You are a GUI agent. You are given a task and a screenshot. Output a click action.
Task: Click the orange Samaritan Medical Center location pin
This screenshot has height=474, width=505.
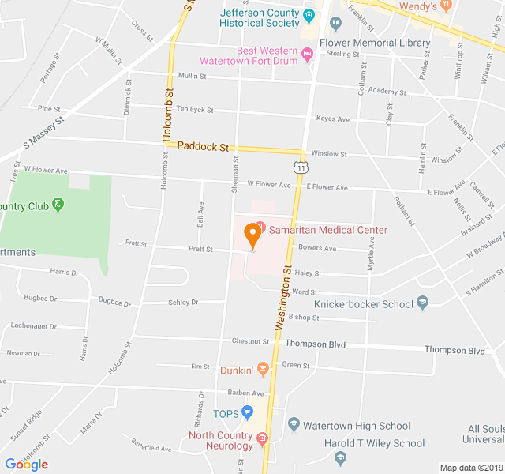pyautogui.click(x=252, y=235)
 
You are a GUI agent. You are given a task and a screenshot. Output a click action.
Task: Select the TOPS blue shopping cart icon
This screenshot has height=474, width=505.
pyautogui.click(x=247, y=412)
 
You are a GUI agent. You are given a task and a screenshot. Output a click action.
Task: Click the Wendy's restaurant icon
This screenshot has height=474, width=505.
pyautogui.click(x=447, y=6)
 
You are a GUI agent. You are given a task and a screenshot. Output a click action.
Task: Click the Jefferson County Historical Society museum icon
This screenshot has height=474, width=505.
pyautogui.click(x=309, y=17)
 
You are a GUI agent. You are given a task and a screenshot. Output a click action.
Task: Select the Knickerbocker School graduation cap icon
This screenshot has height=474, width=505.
pyautogui.click(x=423, y=303)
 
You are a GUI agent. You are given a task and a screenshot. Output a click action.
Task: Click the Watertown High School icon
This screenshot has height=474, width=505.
pyautogui.click(x=294, y=426)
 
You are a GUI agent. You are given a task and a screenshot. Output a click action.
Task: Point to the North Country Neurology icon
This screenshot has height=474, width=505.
pyautogui.click(x=262, y=437)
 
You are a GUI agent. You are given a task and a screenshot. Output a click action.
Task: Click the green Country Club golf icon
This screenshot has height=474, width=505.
pyautogui.click(x=58, y=206)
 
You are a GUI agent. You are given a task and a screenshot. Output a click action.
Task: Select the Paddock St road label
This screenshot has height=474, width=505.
pyautogui.click(x=203, y=146)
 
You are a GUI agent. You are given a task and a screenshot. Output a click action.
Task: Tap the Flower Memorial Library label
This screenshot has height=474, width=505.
pyautogui.click(x=375, y=43)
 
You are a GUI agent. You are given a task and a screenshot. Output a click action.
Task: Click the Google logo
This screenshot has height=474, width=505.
pyautogui.click(x=27, y=465)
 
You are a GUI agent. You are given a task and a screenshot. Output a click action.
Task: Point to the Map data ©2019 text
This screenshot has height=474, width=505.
pyautogui.click(x=470, y=468)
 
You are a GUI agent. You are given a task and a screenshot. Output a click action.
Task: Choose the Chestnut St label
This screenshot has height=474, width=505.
pyautogui.click(x=251, y=342)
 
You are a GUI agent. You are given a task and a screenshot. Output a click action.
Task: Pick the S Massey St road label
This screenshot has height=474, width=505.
pyautogui.click(x=43, y=131)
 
